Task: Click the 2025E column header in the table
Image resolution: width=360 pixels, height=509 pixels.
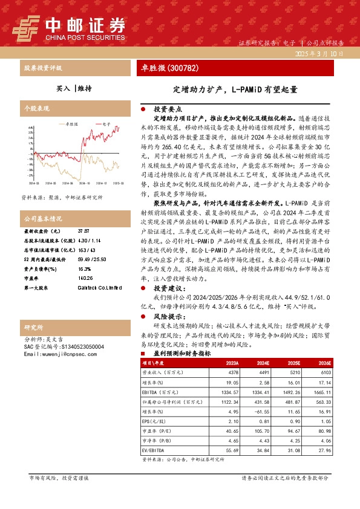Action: (x=293, y=363)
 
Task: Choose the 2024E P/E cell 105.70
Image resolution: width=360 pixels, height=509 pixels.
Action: (x=261, y=432)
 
